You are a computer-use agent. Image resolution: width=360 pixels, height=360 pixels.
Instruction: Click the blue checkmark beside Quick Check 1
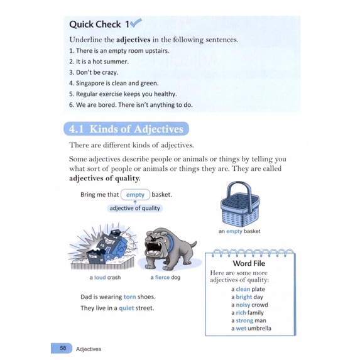[136, 23]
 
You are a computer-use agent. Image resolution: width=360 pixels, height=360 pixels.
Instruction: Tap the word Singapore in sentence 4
[90, 82]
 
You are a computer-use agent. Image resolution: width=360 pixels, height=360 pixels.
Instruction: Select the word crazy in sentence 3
[109, 72]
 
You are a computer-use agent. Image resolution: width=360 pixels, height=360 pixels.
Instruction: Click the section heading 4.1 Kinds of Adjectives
[126, 129]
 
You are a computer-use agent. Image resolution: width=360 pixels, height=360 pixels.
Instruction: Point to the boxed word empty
[135, 195]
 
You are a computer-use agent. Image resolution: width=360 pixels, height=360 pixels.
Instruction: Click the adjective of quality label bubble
[134, 208]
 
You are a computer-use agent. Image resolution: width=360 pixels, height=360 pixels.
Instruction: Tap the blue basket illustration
[239, 204]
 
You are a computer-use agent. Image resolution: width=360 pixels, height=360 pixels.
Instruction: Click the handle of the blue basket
[239, 190]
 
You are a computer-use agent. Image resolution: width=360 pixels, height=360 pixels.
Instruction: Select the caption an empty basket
[239, 231]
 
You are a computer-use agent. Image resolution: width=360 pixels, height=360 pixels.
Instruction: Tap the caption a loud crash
[105, 277]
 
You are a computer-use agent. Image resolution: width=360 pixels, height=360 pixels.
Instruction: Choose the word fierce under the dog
[163, 277]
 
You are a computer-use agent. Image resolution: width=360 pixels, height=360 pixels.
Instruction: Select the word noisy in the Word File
[243, 305]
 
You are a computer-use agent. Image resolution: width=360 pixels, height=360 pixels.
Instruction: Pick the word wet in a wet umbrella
[242, 328]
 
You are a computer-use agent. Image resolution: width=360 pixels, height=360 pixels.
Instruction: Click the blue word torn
[129, 297]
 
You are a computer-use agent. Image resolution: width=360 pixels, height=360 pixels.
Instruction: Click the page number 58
[62, 347]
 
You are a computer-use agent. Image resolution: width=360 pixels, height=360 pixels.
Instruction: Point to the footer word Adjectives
[88, 348]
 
